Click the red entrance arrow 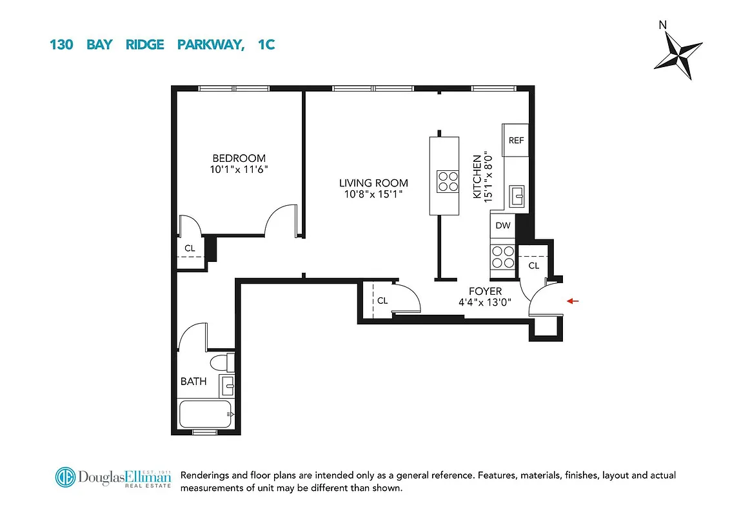pos(574,301)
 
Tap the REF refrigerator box pos(516,141)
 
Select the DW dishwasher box pos(504,226)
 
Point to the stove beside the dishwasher pos(504,257)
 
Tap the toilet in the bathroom pos(222,362)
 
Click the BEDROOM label pos(239,158)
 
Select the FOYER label pos(485,292)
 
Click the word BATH pos(193,381)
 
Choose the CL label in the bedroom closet pos(190,248)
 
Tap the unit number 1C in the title pos(265,45)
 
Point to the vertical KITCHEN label pos(477,176)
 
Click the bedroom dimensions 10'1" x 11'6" pos(239,170)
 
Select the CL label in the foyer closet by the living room pos(382,301)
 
